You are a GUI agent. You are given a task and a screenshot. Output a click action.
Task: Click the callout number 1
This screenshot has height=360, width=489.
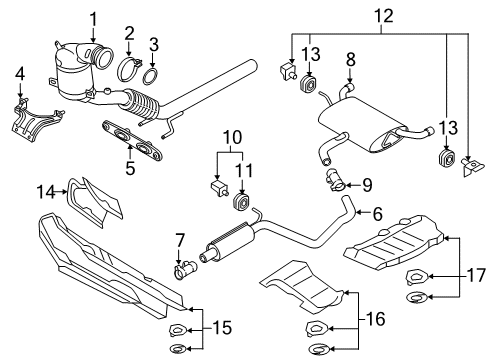(x=94, y=20)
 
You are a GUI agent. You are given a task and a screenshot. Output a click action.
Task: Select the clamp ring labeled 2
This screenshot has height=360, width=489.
(x=129, y=70)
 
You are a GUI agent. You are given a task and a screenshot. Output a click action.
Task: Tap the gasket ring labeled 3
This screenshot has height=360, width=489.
(x=151, y=76)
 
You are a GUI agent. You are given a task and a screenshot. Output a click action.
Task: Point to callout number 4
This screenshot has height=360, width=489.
(x=20, y=74)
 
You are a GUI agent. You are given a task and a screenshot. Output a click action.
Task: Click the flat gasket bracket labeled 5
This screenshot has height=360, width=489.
(x=132, y=140)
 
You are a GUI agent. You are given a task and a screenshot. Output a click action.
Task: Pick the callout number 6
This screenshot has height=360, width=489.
(x=377, y=214)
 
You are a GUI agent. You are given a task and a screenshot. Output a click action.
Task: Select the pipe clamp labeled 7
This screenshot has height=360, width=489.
(x=185, y=269)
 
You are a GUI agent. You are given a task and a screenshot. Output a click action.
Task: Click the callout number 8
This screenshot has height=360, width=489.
(x=350, y=60)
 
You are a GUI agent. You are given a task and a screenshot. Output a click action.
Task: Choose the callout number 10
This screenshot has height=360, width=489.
(x=232, y=137)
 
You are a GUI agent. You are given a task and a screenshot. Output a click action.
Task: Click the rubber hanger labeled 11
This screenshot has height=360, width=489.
(x=241, y=202)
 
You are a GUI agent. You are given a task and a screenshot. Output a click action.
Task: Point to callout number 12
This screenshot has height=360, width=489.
(x=384, y=16)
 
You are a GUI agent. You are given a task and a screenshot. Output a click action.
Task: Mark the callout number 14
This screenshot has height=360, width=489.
(x=46, y=192)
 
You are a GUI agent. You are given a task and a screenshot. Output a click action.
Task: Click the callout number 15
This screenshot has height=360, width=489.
(x=222, y=328)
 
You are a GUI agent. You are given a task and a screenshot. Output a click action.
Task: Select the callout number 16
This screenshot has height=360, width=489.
(x=376, y=319)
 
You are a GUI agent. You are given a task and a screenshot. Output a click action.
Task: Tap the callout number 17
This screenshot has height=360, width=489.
(x=476, y=276)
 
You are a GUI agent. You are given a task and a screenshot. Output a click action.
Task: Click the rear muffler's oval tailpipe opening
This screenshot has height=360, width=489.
(x=389, y=139)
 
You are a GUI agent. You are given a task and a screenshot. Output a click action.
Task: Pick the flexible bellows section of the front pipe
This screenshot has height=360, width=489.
(x=142, y=104)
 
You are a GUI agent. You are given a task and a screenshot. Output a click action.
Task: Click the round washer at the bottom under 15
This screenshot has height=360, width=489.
(x=178, y=349)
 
